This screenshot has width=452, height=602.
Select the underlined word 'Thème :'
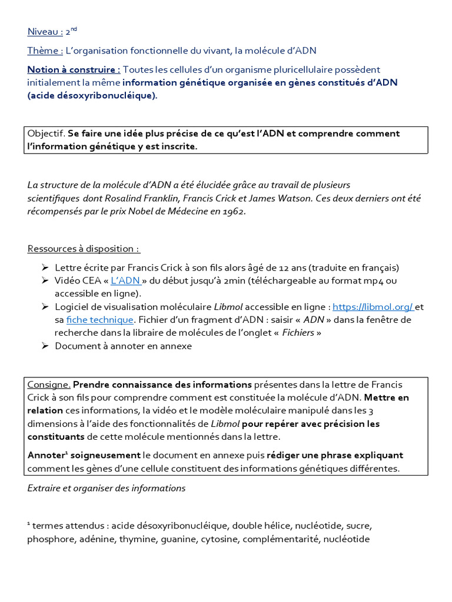click(x=45, y=51)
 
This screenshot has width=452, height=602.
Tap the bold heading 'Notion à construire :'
click(x=74, y=70)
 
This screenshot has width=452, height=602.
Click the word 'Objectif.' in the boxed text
click(x=46, y=133)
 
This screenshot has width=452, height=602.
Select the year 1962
click(x=232, y=211)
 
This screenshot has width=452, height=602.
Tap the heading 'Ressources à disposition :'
click(x=84, y=249)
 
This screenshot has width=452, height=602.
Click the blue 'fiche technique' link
click(x=100, y=320)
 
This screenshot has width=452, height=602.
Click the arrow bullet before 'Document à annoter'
click(x=45, y=346)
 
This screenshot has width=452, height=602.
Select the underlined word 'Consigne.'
click(x=49, y=384)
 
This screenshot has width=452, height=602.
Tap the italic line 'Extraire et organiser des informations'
click(x=106, y=488)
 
